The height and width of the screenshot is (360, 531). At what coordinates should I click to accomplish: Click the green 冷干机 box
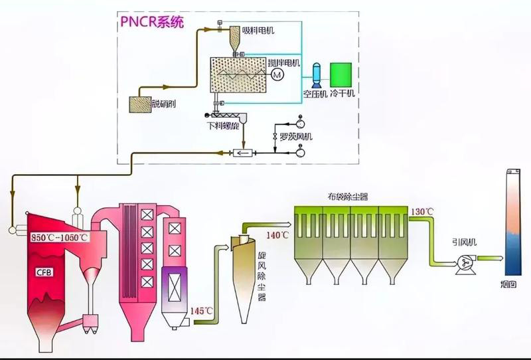(341, 74)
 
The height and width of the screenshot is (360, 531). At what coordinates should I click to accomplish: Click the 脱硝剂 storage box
(140, 103)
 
